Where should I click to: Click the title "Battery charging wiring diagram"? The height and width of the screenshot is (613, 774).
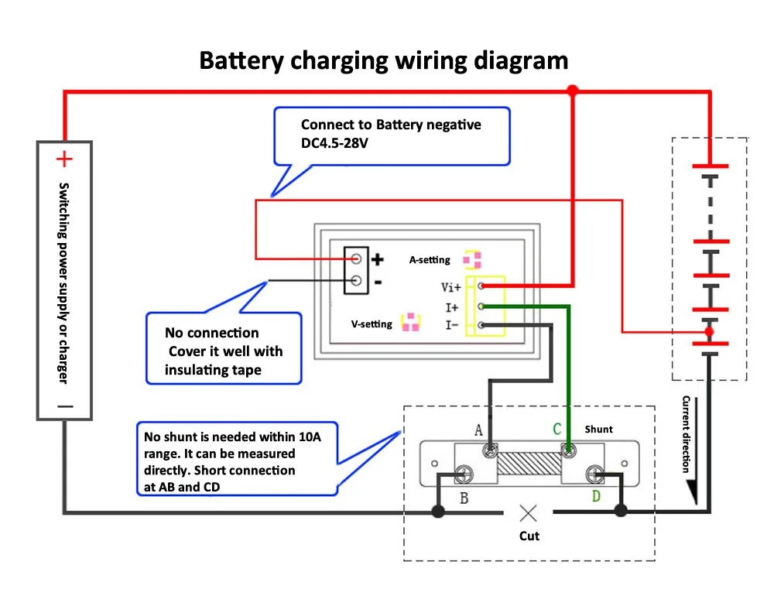[383, 60]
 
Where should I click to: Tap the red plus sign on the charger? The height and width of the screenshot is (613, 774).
[64, 159]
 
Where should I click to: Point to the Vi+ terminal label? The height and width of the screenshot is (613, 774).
[451, 287]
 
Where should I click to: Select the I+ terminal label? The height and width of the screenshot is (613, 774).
[452, 307]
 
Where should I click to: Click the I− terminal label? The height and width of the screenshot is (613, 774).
[452, 326]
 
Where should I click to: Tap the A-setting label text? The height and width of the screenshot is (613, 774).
[430, 260]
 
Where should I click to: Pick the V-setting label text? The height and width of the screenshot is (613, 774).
[372, 324]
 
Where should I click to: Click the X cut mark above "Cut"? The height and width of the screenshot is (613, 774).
[529, 512]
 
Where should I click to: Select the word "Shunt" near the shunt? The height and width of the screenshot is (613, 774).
[598, 429]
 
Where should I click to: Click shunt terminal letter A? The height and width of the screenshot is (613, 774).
[478, 430]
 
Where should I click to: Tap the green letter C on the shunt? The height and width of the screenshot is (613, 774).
[557, 430]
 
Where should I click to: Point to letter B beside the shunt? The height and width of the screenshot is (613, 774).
[464, 498]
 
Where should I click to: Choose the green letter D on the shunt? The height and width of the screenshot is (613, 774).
[596, 496]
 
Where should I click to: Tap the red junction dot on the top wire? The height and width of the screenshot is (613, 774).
[573, 91]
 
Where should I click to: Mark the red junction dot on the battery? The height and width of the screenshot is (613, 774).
[708, 332]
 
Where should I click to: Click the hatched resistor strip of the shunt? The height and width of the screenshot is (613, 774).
[529, 464]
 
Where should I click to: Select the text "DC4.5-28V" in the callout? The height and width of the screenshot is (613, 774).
[334, 143]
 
